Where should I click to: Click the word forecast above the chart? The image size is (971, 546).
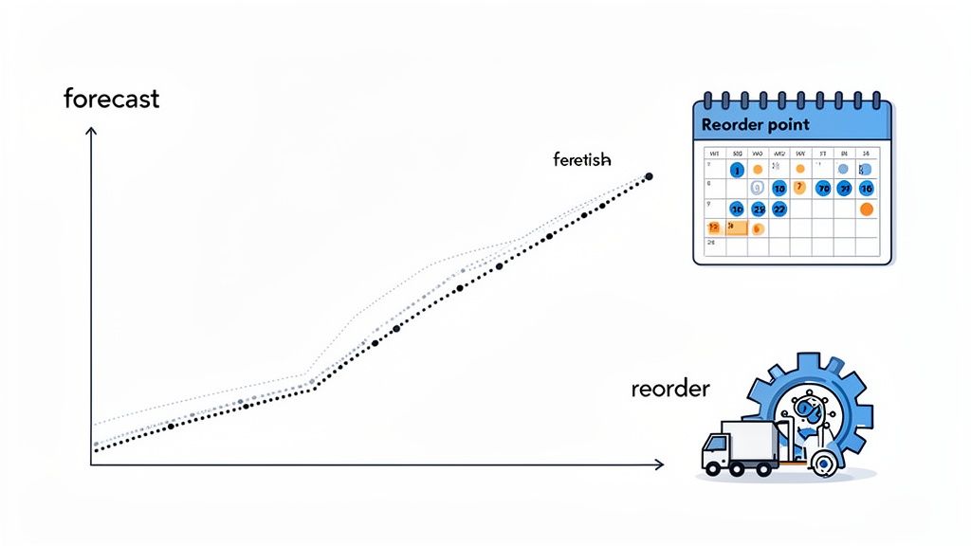click(111, 98)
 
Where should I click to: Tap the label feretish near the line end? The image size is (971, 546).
click(581, 159)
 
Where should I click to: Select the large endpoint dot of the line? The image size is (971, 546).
click(650, 176)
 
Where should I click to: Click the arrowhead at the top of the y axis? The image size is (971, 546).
click(91, 134)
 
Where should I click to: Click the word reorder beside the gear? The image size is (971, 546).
click(669, 389)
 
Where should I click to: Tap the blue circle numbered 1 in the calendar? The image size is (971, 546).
click(737, 170)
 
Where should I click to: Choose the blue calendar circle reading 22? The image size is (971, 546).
click(779, 209)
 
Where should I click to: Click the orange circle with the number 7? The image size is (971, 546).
click(799, 188)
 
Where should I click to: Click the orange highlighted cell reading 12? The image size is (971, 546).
click(714, 227)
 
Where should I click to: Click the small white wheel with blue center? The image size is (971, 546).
click(823, 464)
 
